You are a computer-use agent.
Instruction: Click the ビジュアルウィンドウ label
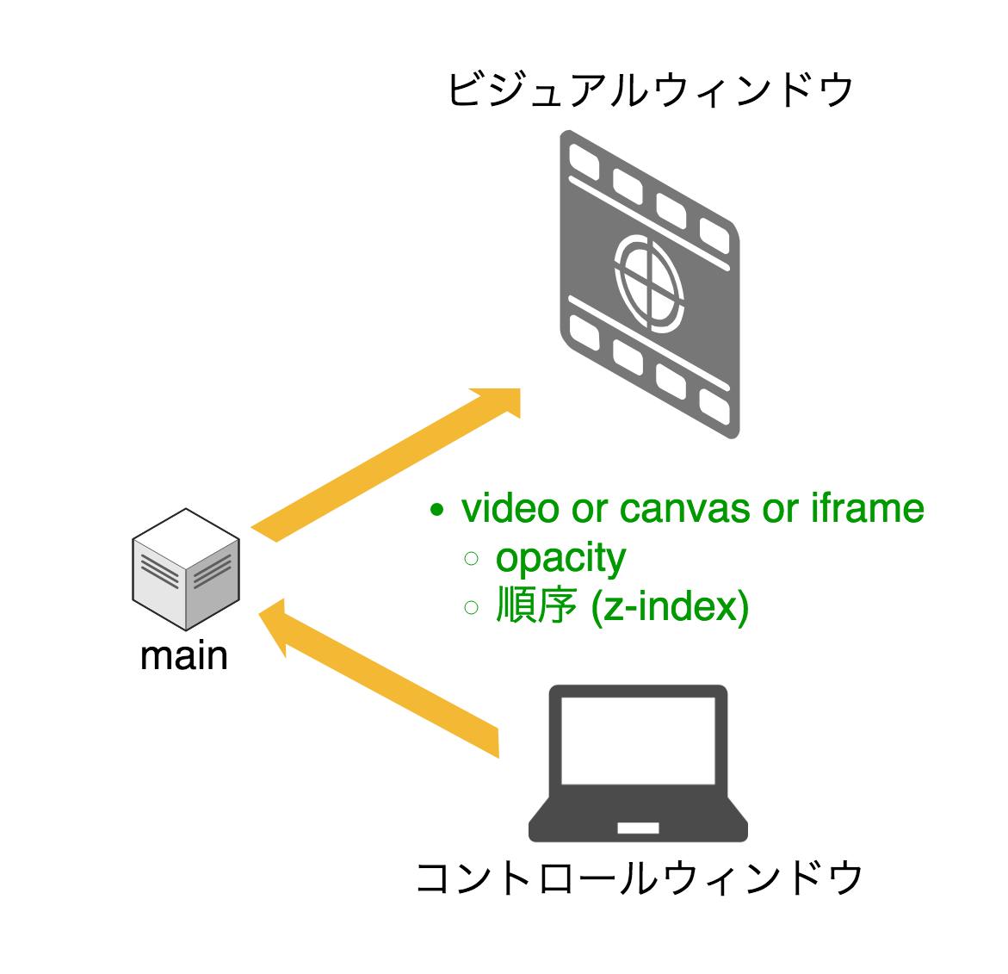point(650,90)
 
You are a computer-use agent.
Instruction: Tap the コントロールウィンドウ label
point(639,878)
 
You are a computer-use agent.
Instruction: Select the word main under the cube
point(184,656)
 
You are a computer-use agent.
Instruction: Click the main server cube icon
point(185,569)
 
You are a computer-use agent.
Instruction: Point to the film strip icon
point(650,284)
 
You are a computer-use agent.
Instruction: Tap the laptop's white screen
point(638,740)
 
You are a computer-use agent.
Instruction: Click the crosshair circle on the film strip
point(649,283)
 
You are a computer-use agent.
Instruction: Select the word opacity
point(560,559)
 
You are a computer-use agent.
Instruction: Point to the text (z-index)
point(671,606)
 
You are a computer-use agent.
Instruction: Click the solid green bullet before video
point(437,510)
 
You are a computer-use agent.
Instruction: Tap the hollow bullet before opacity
point(471,559)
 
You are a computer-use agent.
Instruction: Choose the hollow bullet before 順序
point(471,608)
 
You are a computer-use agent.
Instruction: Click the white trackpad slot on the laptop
point(638,828)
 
